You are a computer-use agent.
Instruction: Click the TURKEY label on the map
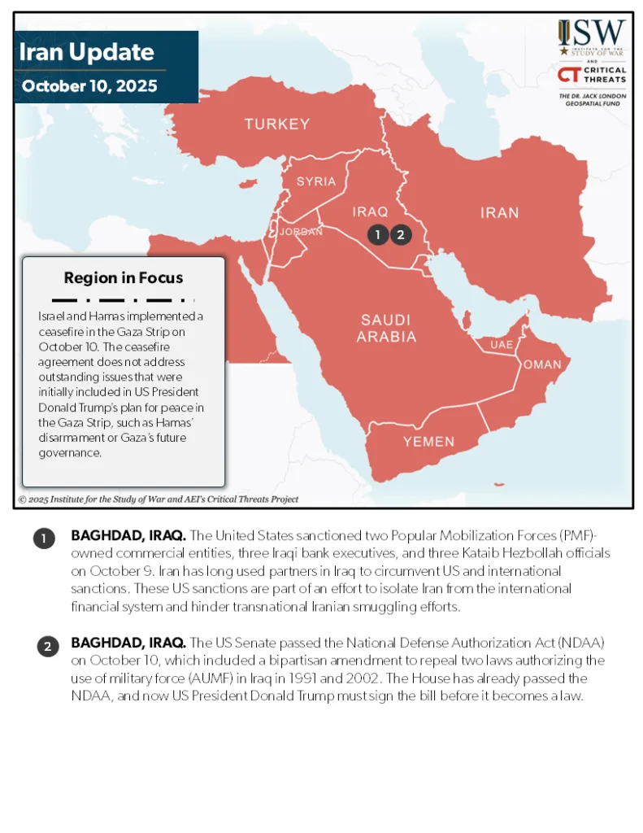[277, 124]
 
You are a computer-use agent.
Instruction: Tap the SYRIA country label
[316, 181]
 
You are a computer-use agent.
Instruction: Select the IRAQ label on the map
[370, 212]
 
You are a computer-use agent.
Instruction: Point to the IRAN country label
[499, 213]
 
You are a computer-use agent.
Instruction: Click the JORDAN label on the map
[301, 232]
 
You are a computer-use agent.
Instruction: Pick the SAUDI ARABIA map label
[386, 328]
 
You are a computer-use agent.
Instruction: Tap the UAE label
[502, 345]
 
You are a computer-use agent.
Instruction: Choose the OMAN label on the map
[542, 364]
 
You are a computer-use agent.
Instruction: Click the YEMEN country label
[429, 442]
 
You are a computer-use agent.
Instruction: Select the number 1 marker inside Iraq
[377, 235]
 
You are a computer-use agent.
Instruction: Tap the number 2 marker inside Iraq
[401, 235]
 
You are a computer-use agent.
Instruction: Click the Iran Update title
[86, 52]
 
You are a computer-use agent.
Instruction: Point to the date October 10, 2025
[89, 85]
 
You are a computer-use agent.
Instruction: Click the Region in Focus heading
[124, 278]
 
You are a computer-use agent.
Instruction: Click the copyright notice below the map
[159, 499]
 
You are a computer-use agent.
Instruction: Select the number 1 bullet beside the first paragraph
[44, 538]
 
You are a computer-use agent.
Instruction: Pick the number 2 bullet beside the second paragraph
[47, 647]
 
